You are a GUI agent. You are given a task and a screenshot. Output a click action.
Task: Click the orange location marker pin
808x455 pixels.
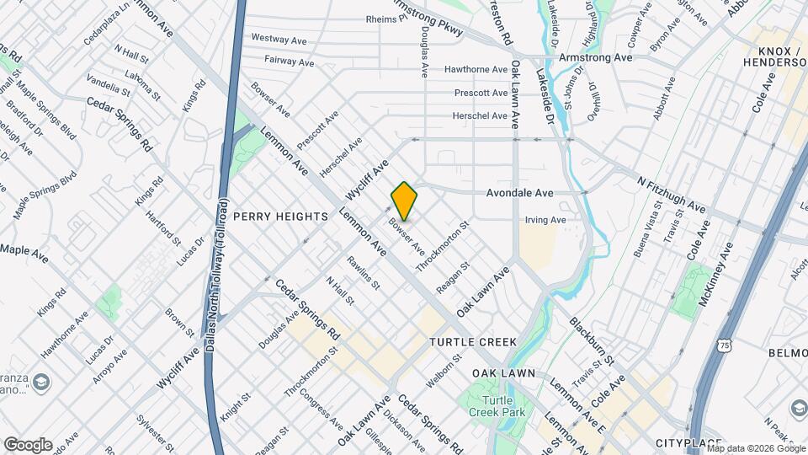click(405, 201)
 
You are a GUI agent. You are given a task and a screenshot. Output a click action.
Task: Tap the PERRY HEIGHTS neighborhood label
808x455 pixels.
click(280, 217)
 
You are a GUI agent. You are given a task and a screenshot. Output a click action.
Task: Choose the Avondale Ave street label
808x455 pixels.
click(519, 193)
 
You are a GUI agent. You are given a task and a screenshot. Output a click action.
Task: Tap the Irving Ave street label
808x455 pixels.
click(545, 220)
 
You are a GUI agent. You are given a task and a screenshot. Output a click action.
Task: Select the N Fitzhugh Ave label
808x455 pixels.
click(671, 194)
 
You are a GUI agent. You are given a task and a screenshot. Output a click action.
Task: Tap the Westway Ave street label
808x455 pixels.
click(279, 39)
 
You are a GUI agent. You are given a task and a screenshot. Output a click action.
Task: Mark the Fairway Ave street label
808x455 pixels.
click(289, 62)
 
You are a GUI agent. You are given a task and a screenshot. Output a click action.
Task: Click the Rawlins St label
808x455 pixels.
click(364, 270)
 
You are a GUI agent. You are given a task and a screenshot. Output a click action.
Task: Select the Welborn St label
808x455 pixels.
click(444, 371)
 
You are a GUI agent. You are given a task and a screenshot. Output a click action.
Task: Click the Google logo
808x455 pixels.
click(28, 444)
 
